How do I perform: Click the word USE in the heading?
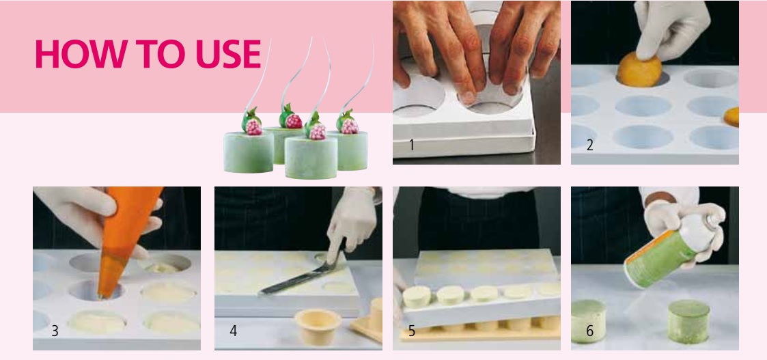click(228, 54)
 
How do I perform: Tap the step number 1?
click(411, 146)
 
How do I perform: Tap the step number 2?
click(589, 146)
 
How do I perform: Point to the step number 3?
click(55, 331)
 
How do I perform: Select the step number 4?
click(234, 331)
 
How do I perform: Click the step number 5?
click(411, 331)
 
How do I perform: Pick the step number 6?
click(589, 331)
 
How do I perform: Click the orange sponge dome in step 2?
click(639, 70)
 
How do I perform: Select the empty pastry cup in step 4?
click(318, 327)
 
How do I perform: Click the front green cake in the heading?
click(311, 157)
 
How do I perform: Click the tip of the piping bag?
click(101, 295)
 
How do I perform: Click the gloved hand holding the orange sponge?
click(671, 29)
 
